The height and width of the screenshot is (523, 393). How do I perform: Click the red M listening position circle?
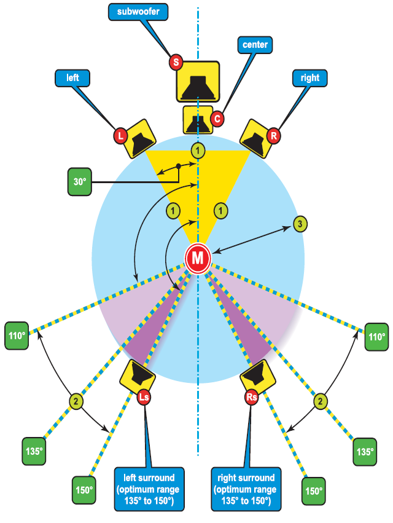(198, 258)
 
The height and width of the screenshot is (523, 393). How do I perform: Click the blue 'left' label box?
(72, 78)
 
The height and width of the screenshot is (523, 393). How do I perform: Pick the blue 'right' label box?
(310, 78)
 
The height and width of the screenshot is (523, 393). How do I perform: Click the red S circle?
(176, 62)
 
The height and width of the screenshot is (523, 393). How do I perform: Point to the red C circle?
(216, 118)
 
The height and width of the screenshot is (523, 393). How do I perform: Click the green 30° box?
(80, 183)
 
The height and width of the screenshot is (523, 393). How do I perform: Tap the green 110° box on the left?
(17, 336)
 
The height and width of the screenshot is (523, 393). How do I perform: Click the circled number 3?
(299, 224)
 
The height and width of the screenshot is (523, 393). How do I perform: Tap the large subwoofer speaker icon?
(198, 81)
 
